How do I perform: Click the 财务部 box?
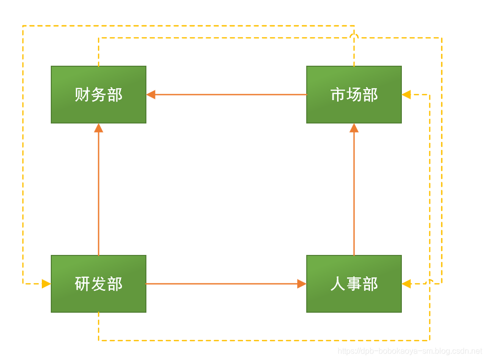[99, 95]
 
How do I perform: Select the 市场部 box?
[354, 95]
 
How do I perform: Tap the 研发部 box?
[99, 284]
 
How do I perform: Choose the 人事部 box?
[354, 284]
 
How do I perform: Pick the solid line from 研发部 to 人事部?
[224, 284]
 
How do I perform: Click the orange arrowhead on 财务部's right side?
[151, 95]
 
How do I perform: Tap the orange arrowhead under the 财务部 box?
[99, 128]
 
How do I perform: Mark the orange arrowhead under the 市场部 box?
[354, 128]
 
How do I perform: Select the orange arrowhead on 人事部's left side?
[302, 284]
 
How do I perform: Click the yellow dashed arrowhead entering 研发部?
[46, 284]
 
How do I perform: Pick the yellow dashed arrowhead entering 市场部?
[406, 95]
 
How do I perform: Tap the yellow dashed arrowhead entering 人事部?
[406, 284]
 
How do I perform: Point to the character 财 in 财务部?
[83, 95]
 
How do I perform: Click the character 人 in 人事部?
[338, 284]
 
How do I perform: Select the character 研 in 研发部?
[83, 284]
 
